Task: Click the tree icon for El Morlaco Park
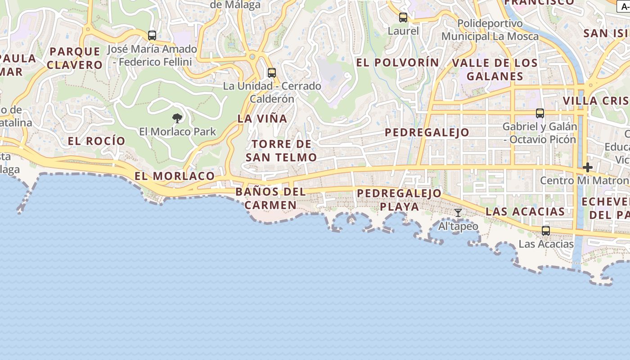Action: pyautogui.click(x=177, y=118)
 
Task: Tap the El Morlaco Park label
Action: pyautogui.click(x=177, y=132)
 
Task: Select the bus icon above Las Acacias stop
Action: pyautogui.click(x=546, y=231)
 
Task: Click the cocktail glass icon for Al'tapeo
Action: pyautogui.click(x=458, y=213)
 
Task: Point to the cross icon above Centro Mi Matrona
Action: pyautogui.click(x=587, y=167)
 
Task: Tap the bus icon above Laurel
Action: pyautogui.click(x=403, y=18)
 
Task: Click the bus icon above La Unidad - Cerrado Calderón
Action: pyautogui.click(x=271, y=72)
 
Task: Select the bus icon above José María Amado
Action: pyautogui.click(x=152, y=35)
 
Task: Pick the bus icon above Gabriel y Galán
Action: pyautogui.click(x=540, y=113)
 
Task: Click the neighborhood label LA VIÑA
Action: pyautogui.click(x=262, y=119)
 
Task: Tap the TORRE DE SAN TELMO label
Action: pyautogui.click(x=281, y=151)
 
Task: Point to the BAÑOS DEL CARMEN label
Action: pyautogui.click(x=270, y=198)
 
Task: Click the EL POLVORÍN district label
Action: pyautogui.click(x=397, y=63)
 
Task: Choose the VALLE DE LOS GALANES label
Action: pyautogui.click(x=495, y=69)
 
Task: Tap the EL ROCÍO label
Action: pyautogui.click(x=96, y=141)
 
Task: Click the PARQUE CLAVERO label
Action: pyautogui.click(x=75, y=58)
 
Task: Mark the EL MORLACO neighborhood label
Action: pyautogui.click(x=175, y=176)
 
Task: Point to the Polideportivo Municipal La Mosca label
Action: pyautogui.click(x=490, y=30)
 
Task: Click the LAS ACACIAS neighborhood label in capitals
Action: pyautogui.click(x=525, y=211)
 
